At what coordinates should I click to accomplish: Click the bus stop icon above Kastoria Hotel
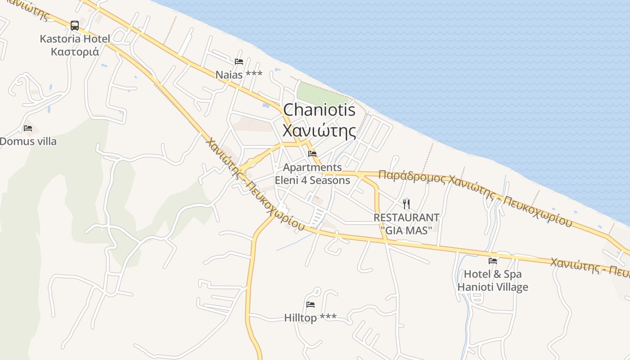pyautogui.click(x=75, y=26)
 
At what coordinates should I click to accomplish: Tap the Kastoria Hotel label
pyautogui.click(x=75, y=39)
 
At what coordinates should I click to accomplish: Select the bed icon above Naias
pyautogui.click(x=239, y=62)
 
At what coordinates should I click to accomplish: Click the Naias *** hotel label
pyautogui.click(x=238, y=74)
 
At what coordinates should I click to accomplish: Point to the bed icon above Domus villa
pyautogui.click(x=28, y=128)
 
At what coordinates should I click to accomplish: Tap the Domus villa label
pyautogui.click(x=28, y=141)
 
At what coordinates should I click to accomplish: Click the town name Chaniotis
pyautogui.click(x=319, y=110)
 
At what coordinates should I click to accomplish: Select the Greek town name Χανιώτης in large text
pyautogui.click(x=319, y=130)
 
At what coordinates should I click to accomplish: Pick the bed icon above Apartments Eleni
pyautogui.click(x=312, y=154)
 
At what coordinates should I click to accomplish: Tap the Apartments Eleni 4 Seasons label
pyautogui.click(x=312, y=174)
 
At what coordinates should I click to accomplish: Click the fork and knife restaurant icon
pyautogui.click(x=406, y=204)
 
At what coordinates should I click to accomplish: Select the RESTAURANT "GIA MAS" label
pyautogui.click(x=406, y=223)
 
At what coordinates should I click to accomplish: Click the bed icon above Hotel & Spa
pyautogui.click(x=493, y=261)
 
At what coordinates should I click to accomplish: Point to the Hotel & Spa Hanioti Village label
pyautogui.click(x=493, y=280)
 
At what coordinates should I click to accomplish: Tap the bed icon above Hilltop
pyautogui.click(x=310, y=305)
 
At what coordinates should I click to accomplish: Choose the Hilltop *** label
pyautogui.click(x=310, y=318)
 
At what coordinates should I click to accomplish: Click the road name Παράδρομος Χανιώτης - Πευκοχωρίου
pyautogui.click(x=475, y=197)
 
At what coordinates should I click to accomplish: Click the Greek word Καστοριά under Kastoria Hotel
pyautogui.click(x=75, y=51)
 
